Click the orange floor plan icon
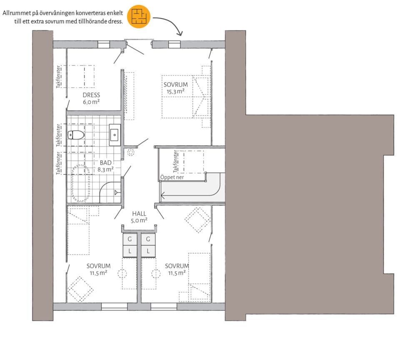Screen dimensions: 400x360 click(x=139, y=16)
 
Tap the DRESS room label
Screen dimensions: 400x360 click(x=91, y=95)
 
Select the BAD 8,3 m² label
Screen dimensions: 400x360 click(x=105, y=166)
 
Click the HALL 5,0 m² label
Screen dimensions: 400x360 click(x=139, y=217)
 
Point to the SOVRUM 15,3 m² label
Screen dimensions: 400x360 click(x=175, y=88)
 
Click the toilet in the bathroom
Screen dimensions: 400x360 click(x=76, y=135)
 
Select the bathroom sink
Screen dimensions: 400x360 click(x=115, y=135)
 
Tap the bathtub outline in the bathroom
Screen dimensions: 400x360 click(x=80, y=183)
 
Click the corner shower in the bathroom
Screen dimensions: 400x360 click(x=110, y=192)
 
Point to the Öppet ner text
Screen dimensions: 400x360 click(x=172, y=177)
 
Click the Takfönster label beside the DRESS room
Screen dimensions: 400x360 click(x=58, y=77)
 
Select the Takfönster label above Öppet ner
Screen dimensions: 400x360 click(x=175, y=162)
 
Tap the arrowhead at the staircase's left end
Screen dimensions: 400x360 click(x=162, y=196)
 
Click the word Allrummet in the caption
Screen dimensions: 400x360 click(x=17, y=13)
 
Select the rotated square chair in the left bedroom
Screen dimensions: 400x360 click(x=80, y=289)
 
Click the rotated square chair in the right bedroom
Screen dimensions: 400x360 click(x=197, y=220)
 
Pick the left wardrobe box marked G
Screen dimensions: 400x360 click(x=130, y=239)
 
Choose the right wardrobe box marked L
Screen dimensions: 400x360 click(x=148, y=251)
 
